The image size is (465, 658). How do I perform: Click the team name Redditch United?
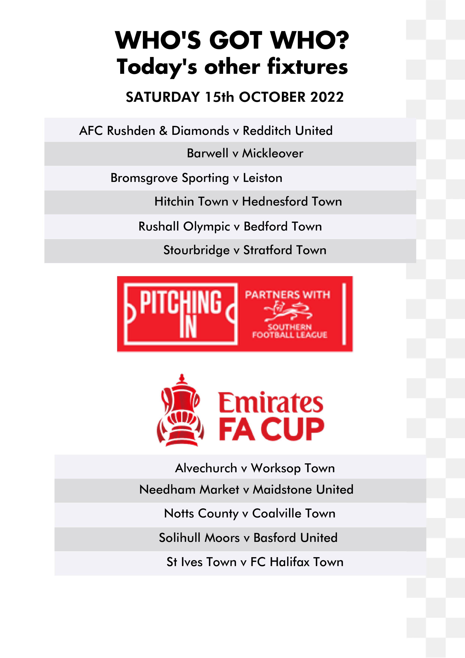tap(288, 131)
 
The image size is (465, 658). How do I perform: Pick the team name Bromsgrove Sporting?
tap(170, 178)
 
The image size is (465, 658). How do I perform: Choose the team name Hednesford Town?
tap(292, 201)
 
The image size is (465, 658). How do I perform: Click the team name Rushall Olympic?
tap(184, 226)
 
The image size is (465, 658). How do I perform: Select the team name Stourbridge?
tap(197, 250)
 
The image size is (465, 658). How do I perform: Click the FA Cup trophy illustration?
tap(180, 410)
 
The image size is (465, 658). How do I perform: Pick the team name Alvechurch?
tap(206, 468)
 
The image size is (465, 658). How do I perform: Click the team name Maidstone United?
tap(303, 489)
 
